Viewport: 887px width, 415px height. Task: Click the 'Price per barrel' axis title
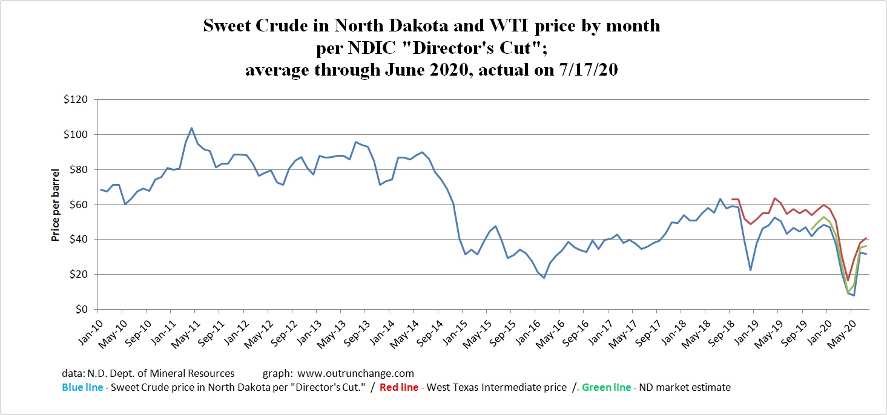(55, 204)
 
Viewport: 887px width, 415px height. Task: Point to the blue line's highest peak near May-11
(191, 128)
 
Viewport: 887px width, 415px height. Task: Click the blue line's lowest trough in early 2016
(544, 278)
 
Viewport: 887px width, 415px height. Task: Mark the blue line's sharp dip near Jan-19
(751, 270)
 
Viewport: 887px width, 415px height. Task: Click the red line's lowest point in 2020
(848, 280)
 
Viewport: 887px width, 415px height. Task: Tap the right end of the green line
(866, 246)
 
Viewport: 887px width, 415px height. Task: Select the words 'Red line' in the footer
(398, 387)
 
